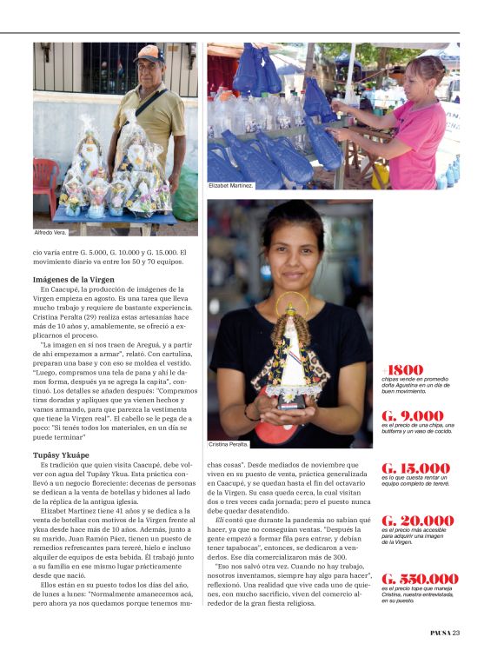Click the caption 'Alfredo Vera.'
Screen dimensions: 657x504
[50, 233]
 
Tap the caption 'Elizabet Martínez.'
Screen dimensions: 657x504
[231, 186]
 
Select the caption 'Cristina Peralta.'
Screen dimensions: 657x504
[229, 444]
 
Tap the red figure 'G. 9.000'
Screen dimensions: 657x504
[412, 416]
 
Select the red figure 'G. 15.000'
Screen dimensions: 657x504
[416, 468]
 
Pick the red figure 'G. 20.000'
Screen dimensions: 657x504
[417, 521]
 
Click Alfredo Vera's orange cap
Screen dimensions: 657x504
[149, 54]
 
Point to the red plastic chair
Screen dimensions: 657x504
[45, 181]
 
